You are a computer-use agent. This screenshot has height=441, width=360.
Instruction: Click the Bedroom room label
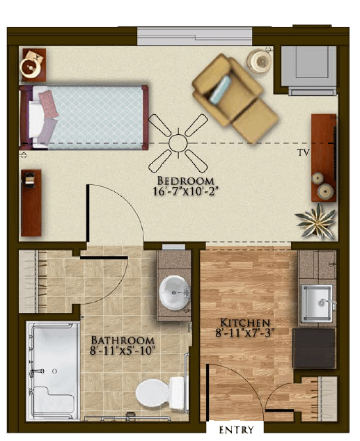[x=185, y=181]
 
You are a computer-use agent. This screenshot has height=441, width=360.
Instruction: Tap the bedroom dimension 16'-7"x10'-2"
[x=185, y=191]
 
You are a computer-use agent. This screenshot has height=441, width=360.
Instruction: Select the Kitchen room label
[x=245, y=323]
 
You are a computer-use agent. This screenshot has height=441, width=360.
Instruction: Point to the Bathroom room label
[x=123, y=340]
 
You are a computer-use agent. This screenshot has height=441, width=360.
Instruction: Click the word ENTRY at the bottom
[x=236, y=430]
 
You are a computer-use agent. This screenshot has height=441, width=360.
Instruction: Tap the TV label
[x=303, y=152]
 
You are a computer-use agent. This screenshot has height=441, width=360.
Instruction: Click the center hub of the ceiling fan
[x=178, y=143]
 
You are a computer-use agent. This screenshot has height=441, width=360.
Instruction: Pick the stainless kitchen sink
[x=317, y=303]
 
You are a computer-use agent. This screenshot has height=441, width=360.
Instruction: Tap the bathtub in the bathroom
[x=53, y=371]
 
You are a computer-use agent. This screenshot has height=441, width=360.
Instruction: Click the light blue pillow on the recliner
[x=221, y=89]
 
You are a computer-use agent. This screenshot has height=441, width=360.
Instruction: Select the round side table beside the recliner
[x=259, y=61]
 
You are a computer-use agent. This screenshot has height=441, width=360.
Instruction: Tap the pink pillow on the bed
[x=49, y=104]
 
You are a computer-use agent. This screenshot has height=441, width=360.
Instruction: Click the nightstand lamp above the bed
[x=30, y=66]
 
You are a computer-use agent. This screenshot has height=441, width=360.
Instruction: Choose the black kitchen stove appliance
[x=314, y=348]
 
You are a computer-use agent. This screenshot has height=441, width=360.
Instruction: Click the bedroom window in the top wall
[x=194, y=36]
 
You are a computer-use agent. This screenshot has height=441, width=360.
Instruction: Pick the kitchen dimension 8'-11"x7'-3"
[x=245, y=333]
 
